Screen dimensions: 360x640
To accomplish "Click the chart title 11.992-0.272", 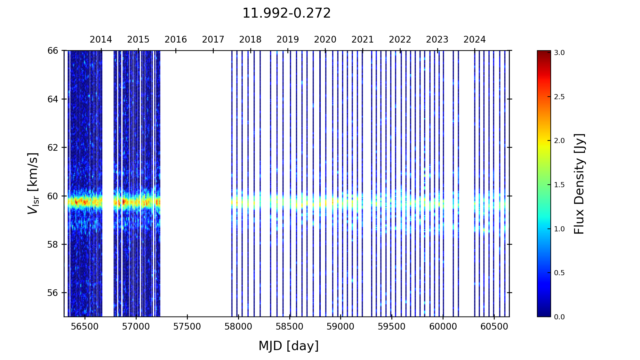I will pyautogui.click(x=286, y=13).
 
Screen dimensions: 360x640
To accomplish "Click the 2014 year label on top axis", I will pyautogui.click(x=101, y=40).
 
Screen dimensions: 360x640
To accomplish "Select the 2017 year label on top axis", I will pyautogui.click(x=213, y=40).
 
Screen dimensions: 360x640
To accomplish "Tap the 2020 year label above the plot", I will pyautogui.click(x=325, y=40).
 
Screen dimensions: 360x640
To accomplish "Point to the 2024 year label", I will pyautogui.click(x=475, y=40).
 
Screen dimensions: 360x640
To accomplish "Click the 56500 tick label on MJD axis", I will pyautogui.click(x=85, y=327).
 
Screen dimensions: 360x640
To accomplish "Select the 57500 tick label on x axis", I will pyautogui.click(x=187, y=327).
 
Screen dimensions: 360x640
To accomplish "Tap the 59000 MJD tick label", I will pyautogui.click(x=340, y=327).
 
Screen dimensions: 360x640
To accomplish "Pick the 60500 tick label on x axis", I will pyautogui.click(x=494, y=327).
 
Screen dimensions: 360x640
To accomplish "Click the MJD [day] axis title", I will pyautogui.click(x=289, y=346).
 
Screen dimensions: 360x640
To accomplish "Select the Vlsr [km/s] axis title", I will pyautogui.click(x=33, y=183).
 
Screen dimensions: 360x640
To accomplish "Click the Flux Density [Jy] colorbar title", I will pyautogui.click(x=579, y=184).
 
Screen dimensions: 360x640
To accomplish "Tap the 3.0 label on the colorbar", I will pyautogui.click(x=559, y=53).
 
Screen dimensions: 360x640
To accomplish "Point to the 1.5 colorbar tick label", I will pyautogui.click(x=559, y=185).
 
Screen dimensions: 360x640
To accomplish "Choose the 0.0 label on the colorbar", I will pyautogui.click(x=559, y=317).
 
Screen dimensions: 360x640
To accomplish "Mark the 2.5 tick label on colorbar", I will pyautogui.click(x=559, y=97).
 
